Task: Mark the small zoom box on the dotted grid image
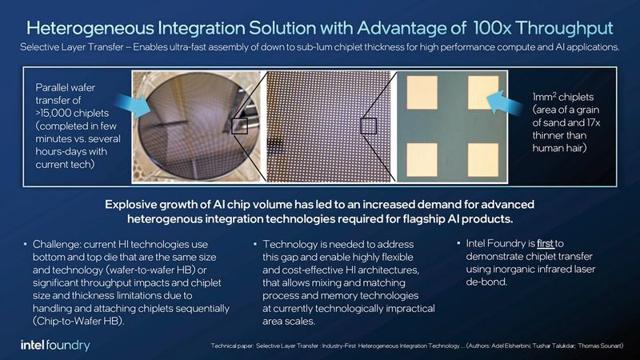click(x=368, y=126)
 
